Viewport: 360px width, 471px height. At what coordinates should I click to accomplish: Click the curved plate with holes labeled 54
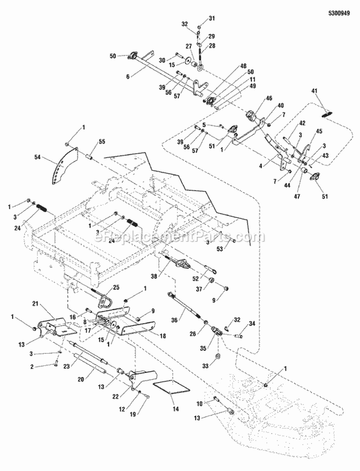[64, 165]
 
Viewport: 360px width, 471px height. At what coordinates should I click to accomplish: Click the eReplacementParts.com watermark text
[180, 237]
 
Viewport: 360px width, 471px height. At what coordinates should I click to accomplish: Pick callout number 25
[116, 287]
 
